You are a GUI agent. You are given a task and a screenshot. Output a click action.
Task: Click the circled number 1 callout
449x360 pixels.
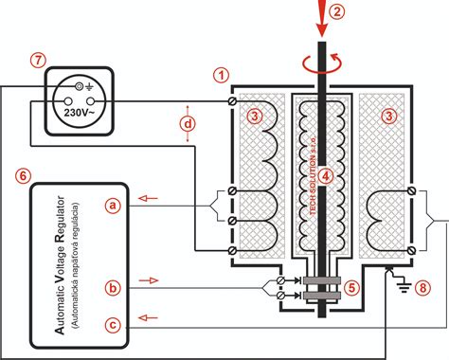[222, 73]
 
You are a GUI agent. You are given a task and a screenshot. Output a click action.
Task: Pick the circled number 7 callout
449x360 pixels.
[37, 60]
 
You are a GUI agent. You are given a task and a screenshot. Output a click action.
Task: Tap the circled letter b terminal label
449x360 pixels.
[114, 286]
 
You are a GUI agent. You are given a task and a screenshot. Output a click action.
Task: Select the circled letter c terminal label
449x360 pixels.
[114, 325]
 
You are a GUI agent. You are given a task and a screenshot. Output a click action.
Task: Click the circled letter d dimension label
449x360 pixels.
[190, 124]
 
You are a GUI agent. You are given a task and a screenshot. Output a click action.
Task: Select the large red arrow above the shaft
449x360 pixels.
[322, 18]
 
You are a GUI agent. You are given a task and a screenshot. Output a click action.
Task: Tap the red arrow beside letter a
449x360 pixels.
[147, 199]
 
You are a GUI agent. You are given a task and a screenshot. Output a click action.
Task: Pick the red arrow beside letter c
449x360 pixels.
[147, 317]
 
